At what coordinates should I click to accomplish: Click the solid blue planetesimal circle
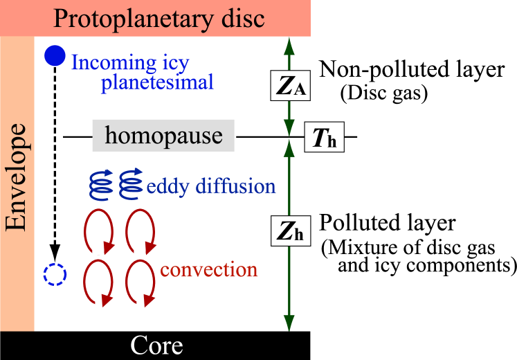(55, 56)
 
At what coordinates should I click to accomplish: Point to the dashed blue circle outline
(54, 276)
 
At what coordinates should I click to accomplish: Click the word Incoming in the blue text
(114, 63)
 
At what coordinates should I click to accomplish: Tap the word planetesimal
(157, 83)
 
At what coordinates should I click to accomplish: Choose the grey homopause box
(163, 136)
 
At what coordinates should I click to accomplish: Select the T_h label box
(324, 138)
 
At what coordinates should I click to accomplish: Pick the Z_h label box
(290, 232)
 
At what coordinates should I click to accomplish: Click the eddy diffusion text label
(211, 186)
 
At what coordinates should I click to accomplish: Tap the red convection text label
(209, 269)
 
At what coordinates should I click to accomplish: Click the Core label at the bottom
(156, 345)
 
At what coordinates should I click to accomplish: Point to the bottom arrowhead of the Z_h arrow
(289, 323)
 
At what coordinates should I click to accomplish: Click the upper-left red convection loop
(98, 231)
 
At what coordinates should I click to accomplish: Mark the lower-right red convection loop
(140, 284)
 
